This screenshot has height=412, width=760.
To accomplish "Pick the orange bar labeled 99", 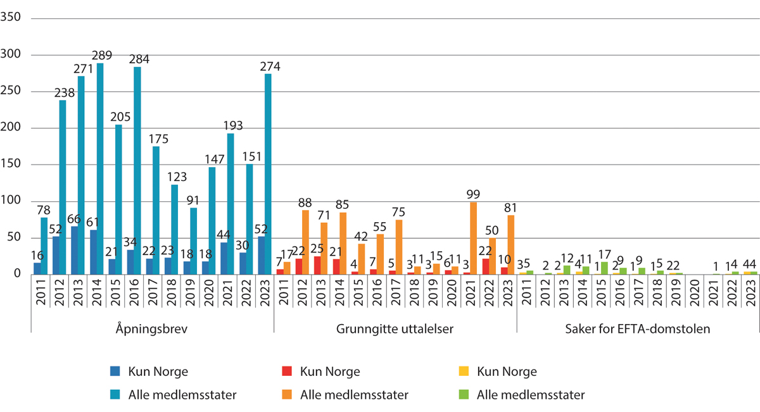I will [x=474, y=238].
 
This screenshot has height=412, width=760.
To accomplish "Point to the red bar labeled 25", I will [x=317, y=265].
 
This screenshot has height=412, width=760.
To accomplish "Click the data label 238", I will [x=64, y=92].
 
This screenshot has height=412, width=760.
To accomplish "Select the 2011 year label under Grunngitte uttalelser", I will [x=282, y=296].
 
